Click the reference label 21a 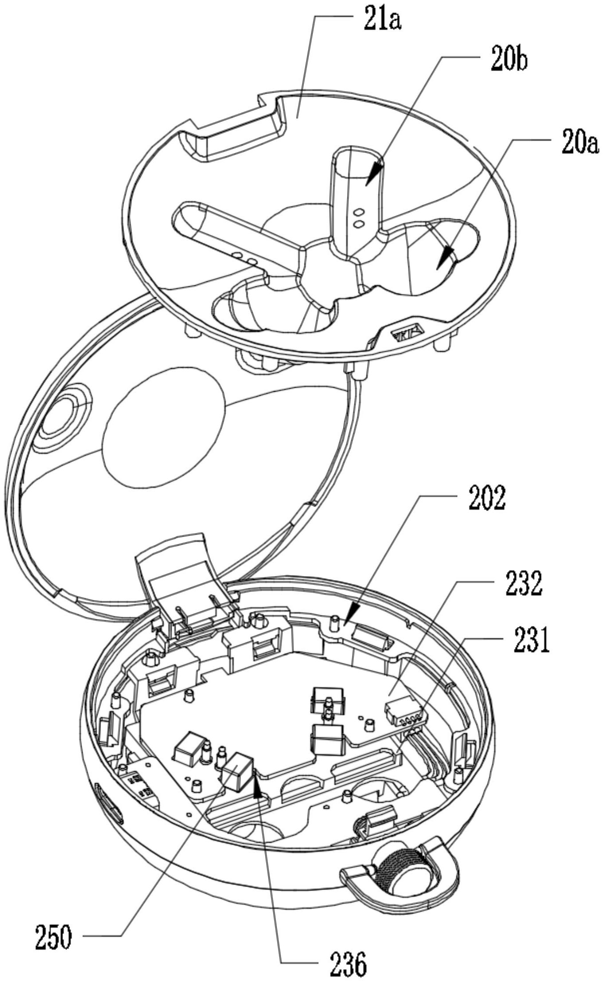[x=382, y=20]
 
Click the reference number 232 [x=523, y=584]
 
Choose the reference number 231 [x=531, y=641]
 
